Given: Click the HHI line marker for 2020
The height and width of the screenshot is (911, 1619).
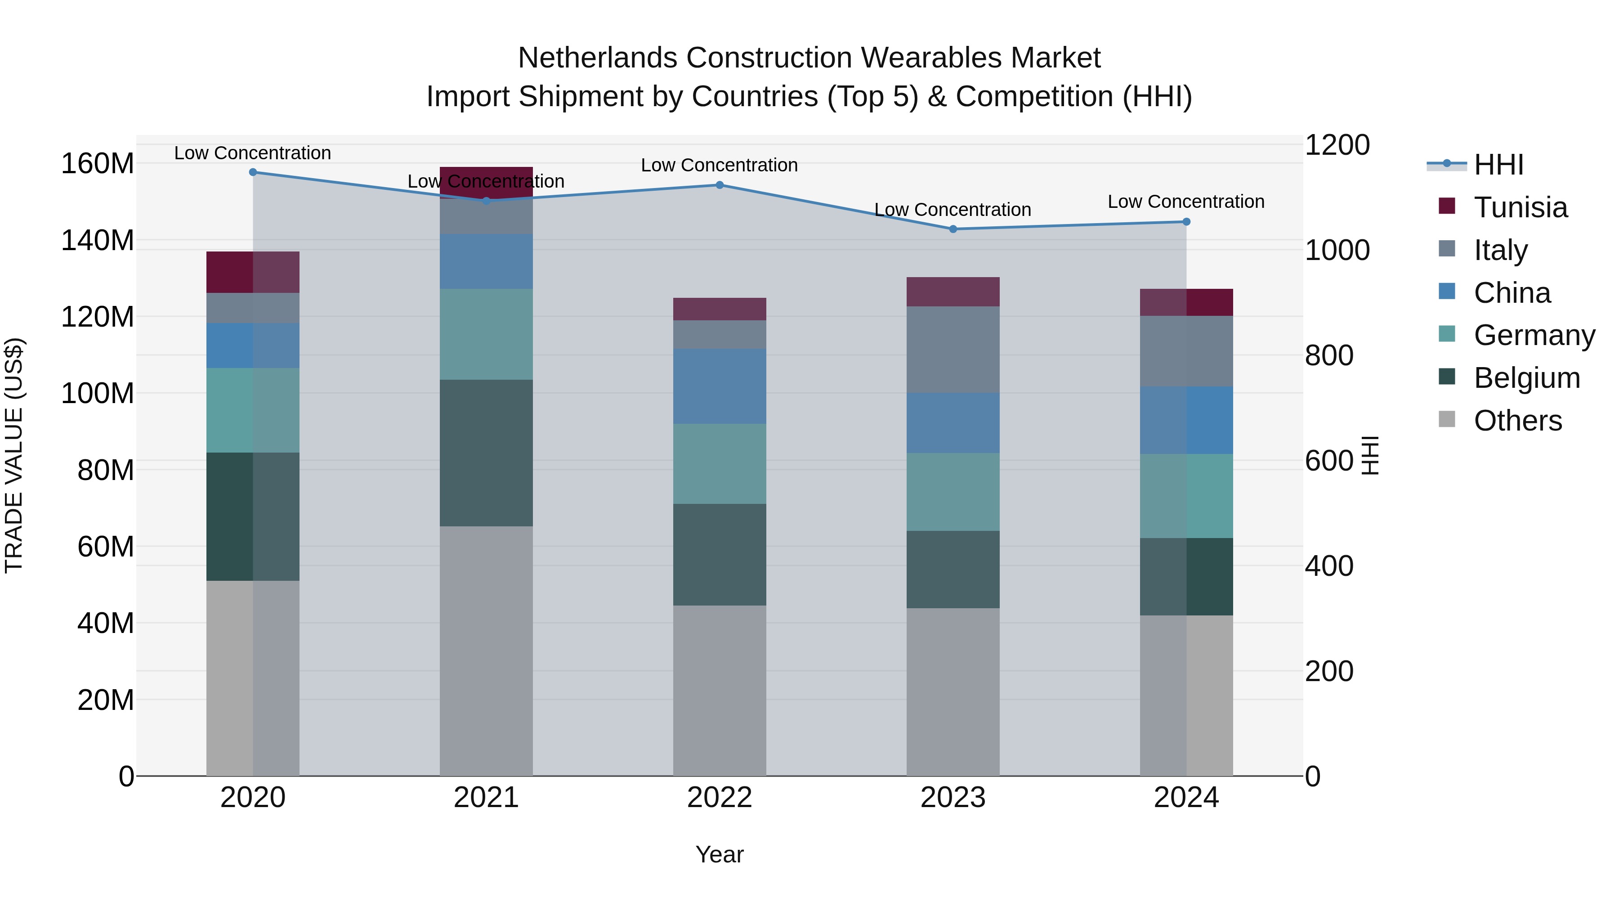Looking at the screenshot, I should pyautogui.click(x=253, y=172).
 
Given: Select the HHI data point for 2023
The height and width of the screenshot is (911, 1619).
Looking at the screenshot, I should pyautogui.click(x=953, y=229).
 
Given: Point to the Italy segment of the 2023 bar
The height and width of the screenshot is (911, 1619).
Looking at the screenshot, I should pyautogui.click(x=953, y=350).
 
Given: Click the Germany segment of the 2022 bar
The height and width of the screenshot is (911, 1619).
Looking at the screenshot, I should pyautogui.click(x=720, y=463).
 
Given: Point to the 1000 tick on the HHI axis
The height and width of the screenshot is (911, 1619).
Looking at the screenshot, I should pyautogui.click(x=1337, y=250).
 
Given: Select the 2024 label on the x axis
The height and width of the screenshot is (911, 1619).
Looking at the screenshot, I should pyautogui.click(x=1186, y=798).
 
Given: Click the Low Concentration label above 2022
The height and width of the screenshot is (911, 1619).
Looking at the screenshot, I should pyautogui.click(x=719, y=166).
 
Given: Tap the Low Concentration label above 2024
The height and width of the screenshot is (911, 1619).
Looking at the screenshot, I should pyautogui.click(x=1185, y=202).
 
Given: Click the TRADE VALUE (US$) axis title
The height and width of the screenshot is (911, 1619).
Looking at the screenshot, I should pyautogui.click(x=14, y=455).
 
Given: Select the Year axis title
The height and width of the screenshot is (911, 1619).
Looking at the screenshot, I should pyautogui.click(x=719, y=854).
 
